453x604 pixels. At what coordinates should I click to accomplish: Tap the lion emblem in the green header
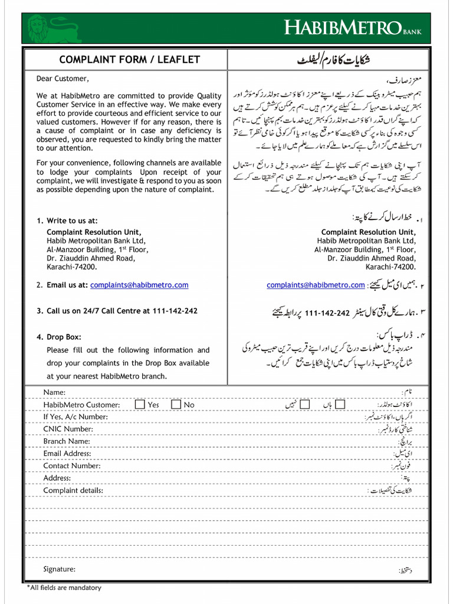point(38,28)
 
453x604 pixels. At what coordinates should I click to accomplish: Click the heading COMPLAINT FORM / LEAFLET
point(129,60)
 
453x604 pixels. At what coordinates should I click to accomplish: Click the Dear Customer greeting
point(63,78)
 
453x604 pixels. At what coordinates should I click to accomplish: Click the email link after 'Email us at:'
point(139,285)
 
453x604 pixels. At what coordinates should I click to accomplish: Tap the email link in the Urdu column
point(316,285)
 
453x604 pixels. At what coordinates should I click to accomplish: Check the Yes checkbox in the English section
point(140,405)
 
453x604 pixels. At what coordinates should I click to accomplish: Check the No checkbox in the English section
point(176,405)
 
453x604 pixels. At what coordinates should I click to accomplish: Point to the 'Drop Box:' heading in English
point(64,337)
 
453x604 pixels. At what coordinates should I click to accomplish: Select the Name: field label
point(54,392)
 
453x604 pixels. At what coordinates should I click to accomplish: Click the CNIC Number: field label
point(68,429)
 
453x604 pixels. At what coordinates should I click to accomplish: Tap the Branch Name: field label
point(66,441)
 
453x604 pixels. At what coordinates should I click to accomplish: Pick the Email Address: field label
point(67,454)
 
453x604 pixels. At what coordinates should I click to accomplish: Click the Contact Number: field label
point(71,466)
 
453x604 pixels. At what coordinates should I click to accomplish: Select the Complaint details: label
point(73,490)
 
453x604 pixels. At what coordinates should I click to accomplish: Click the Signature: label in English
point(59,569)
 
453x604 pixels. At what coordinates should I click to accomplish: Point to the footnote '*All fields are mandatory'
point(64,587)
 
